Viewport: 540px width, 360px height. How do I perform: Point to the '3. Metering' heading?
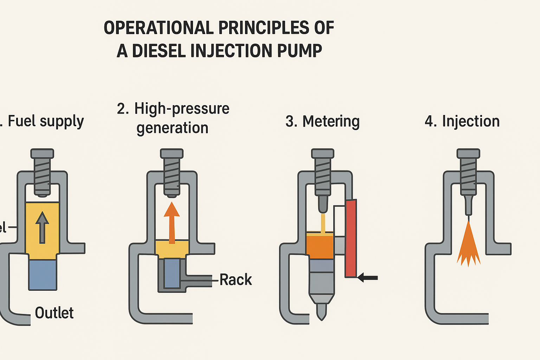322,121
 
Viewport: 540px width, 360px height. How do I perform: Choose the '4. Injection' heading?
462,121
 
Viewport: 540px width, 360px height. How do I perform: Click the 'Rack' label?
236,280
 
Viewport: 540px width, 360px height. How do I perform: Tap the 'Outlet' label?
54,313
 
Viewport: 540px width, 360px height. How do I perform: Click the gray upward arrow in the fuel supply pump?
42,227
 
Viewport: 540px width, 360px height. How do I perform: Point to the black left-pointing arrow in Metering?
367,278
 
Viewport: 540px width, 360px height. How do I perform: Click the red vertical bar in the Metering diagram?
351,238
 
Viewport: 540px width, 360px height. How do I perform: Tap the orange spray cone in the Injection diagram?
468,246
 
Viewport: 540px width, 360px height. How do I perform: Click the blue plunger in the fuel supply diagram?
43,274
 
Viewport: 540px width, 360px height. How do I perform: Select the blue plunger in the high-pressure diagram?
172,273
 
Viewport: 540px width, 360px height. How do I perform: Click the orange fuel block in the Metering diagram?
320,246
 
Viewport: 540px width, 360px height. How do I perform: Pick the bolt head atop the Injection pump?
468,153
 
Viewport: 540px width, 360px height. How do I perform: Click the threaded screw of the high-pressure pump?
172,172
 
